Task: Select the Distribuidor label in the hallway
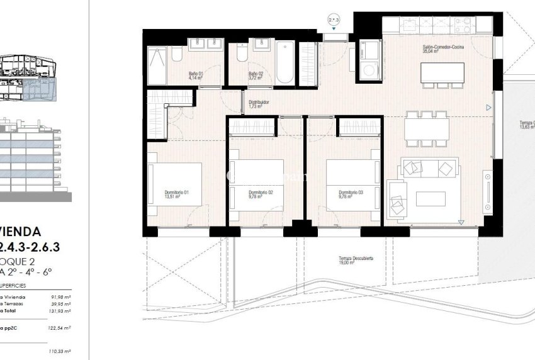(x=259, y=104)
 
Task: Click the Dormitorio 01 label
(x=177, y=194)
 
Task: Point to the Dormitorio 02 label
(x=261, y=194)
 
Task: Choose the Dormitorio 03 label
(x=351, y=194)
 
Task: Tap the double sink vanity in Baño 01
(x=206, y=43)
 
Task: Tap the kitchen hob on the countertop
(x=465, y=26)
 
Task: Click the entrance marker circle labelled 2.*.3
(x=334, y=20)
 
